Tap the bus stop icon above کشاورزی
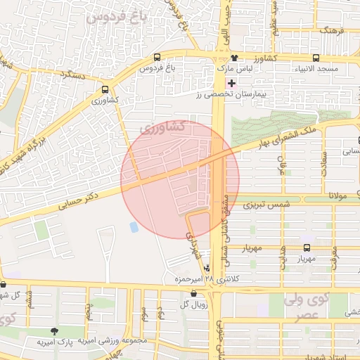pos(105,89)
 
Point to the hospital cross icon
pos(231,83)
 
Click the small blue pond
pos(134,227)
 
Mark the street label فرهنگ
pos(330,31)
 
